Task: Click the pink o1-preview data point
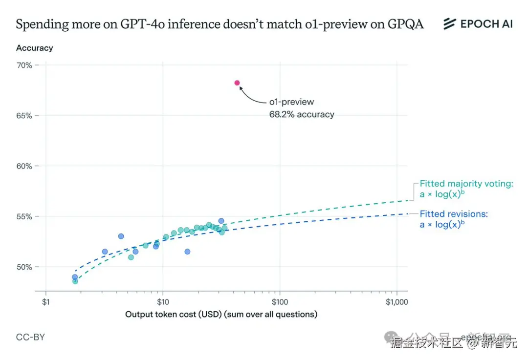pos(237,83)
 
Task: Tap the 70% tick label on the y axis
pos(25,65)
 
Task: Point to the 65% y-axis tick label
pos(25,116)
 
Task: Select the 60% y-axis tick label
pos(25,166)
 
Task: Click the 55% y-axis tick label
pos(25,216)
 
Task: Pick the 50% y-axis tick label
pos(25,267)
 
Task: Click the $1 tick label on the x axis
pos(46,302)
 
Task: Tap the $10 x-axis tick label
pos(162,302)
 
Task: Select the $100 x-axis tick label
pos(280,302)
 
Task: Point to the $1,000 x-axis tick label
pos(396,302)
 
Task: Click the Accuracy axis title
pos(34,48)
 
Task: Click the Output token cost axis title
pos(221,314)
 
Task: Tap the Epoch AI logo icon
pos(449,24)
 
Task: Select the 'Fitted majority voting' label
pos(466,184)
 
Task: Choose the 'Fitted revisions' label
pos(454,214)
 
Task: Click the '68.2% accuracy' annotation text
pos(302,115)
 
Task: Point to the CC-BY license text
pos(30,337)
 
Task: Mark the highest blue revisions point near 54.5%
pos(221,221)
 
